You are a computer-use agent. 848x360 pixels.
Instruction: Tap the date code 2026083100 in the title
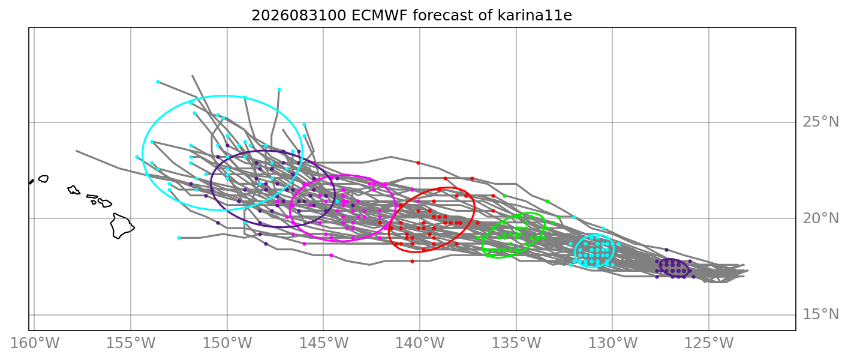click(x=299, y=16)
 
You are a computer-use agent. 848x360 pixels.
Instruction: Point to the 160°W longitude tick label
click(x=34, y=343)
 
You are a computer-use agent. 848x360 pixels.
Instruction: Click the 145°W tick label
click(x=324, y=343)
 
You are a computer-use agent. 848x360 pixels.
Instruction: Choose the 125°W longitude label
click(x=709, y=343)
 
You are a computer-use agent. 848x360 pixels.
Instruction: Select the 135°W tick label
click(x=516, y=343)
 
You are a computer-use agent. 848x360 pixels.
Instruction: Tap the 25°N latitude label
click(x=820, y=122)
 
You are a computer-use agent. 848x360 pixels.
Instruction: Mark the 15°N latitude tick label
click(x=820, y=314)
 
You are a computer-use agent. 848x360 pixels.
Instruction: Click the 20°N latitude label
click(x=820, y=218)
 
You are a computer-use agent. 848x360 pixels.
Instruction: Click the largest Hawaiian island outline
click(x=122, y=226)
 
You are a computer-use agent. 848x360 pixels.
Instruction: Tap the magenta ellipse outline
click(x=342, y=175)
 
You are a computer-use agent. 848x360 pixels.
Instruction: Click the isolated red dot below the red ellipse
click(x=412, y=261)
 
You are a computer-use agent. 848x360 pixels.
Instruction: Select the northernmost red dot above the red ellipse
click(x=419, y=163)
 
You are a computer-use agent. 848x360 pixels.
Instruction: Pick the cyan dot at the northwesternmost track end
click(x=158, y=82)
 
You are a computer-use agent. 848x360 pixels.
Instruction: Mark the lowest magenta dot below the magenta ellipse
click(x=331, y=256)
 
